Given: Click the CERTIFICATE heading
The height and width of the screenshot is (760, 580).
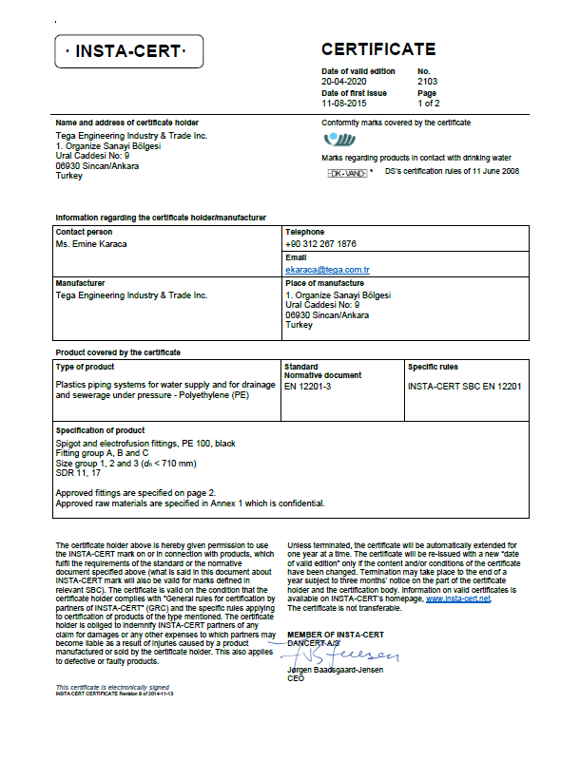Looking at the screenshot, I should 378,49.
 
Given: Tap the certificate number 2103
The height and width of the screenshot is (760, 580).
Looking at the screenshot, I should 427,82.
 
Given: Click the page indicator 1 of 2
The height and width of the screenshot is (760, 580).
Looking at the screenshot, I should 427,104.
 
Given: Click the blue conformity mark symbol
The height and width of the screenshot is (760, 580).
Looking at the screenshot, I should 338,141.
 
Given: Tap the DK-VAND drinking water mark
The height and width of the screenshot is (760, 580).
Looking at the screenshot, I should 346,173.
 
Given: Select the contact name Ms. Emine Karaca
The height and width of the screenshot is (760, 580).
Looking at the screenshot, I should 91,244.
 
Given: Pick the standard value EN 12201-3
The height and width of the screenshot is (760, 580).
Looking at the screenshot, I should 310,387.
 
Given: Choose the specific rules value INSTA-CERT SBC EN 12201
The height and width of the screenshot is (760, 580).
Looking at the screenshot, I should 464,387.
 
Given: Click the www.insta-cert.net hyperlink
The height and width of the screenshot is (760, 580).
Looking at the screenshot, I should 458,599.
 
